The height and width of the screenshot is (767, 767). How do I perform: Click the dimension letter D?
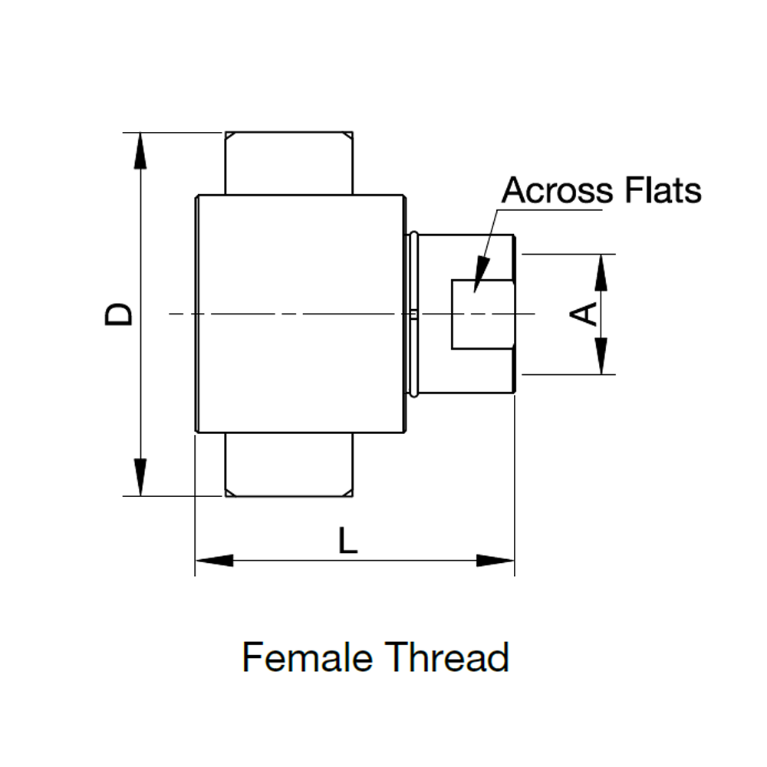click(x=119, y=314)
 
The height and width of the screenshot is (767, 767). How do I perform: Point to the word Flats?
click(x=663, y=190)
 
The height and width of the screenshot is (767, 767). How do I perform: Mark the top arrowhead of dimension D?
click(x=140, y=150)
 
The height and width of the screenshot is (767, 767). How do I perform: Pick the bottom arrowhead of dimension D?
click(x=140, y=478)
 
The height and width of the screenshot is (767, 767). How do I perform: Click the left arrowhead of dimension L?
click(x=215, y=560)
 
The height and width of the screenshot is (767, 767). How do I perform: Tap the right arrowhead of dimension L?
click(x=495, y=560)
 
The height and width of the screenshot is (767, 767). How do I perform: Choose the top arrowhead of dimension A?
click(x=602, y=272)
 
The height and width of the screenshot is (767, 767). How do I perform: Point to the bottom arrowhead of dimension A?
click(x=602, y=357)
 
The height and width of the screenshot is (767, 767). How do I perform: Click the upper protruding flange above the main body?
click(x=288, y=163)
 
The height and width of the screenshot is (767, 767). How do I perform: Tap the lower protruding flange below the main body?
click(x=288, y=465)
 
